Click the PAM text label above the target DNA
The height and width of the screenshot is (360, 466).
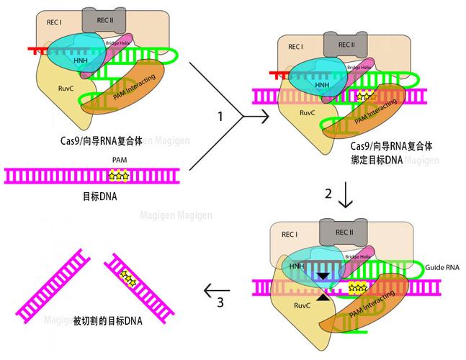click(x=120, y=160)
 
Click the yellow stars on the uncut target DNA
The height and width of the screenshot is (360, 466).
click(x=118, y=175)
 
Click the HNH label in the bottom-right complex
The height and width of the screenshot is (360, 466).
click(x=297, y=266)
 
